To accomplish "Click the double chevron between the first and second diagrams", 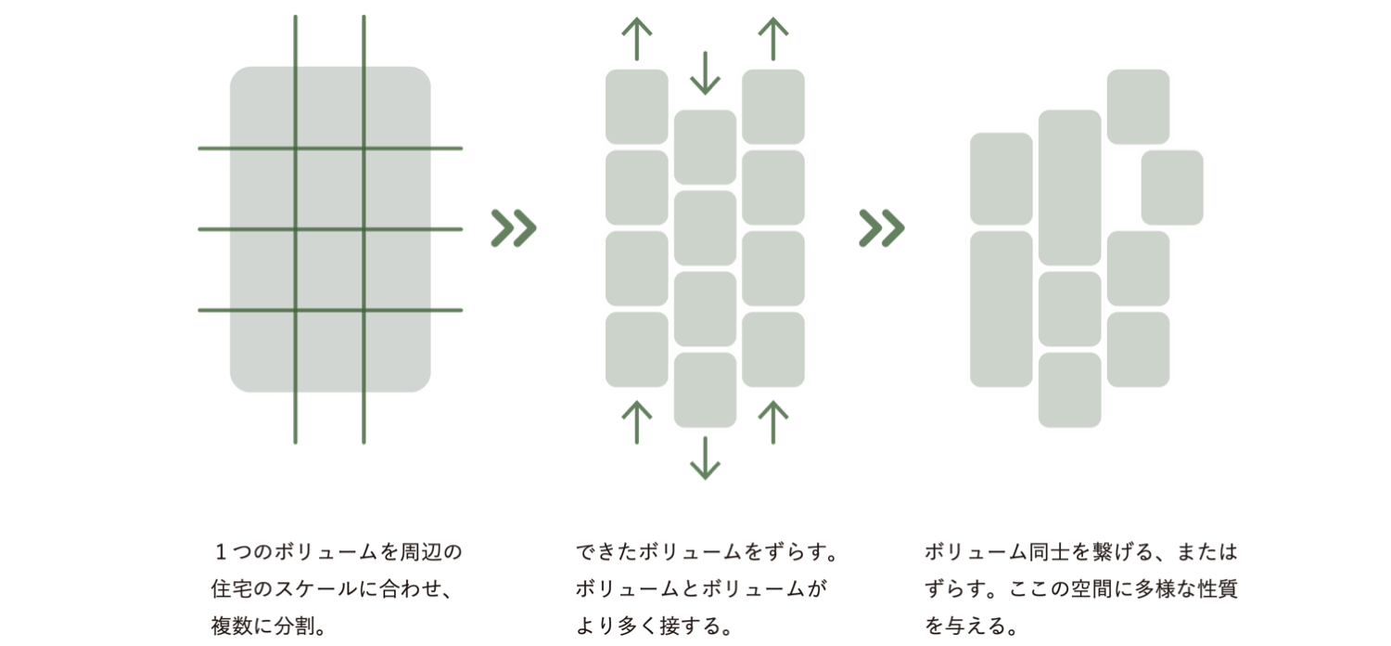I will coord(514,228).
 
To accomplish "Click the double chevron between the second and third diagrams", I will coord(882,228).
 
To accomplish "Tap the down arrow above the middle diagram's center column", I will coord(705,72).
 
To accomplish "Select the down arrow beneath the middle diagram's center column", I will coord(705,458).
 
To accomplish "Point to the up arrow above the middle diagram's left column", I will coord(637,39).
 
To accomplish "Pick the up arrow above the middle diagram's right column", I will coord(772,39).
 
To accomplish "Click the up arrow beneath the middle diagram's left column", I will coord(637,422).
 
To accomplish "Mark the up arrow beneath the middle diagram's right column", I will coord(772,422).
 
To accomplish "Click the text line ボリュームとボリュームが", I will coord(700,589).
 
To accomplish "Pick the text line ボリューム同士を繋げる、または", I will coord(1081,553).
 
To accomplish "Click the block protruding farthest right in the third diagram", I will coord(1172,187).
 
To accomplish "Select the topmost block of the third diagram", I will coord(1138,107).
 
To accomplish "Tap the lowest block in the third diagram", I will coord(1070,390).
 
